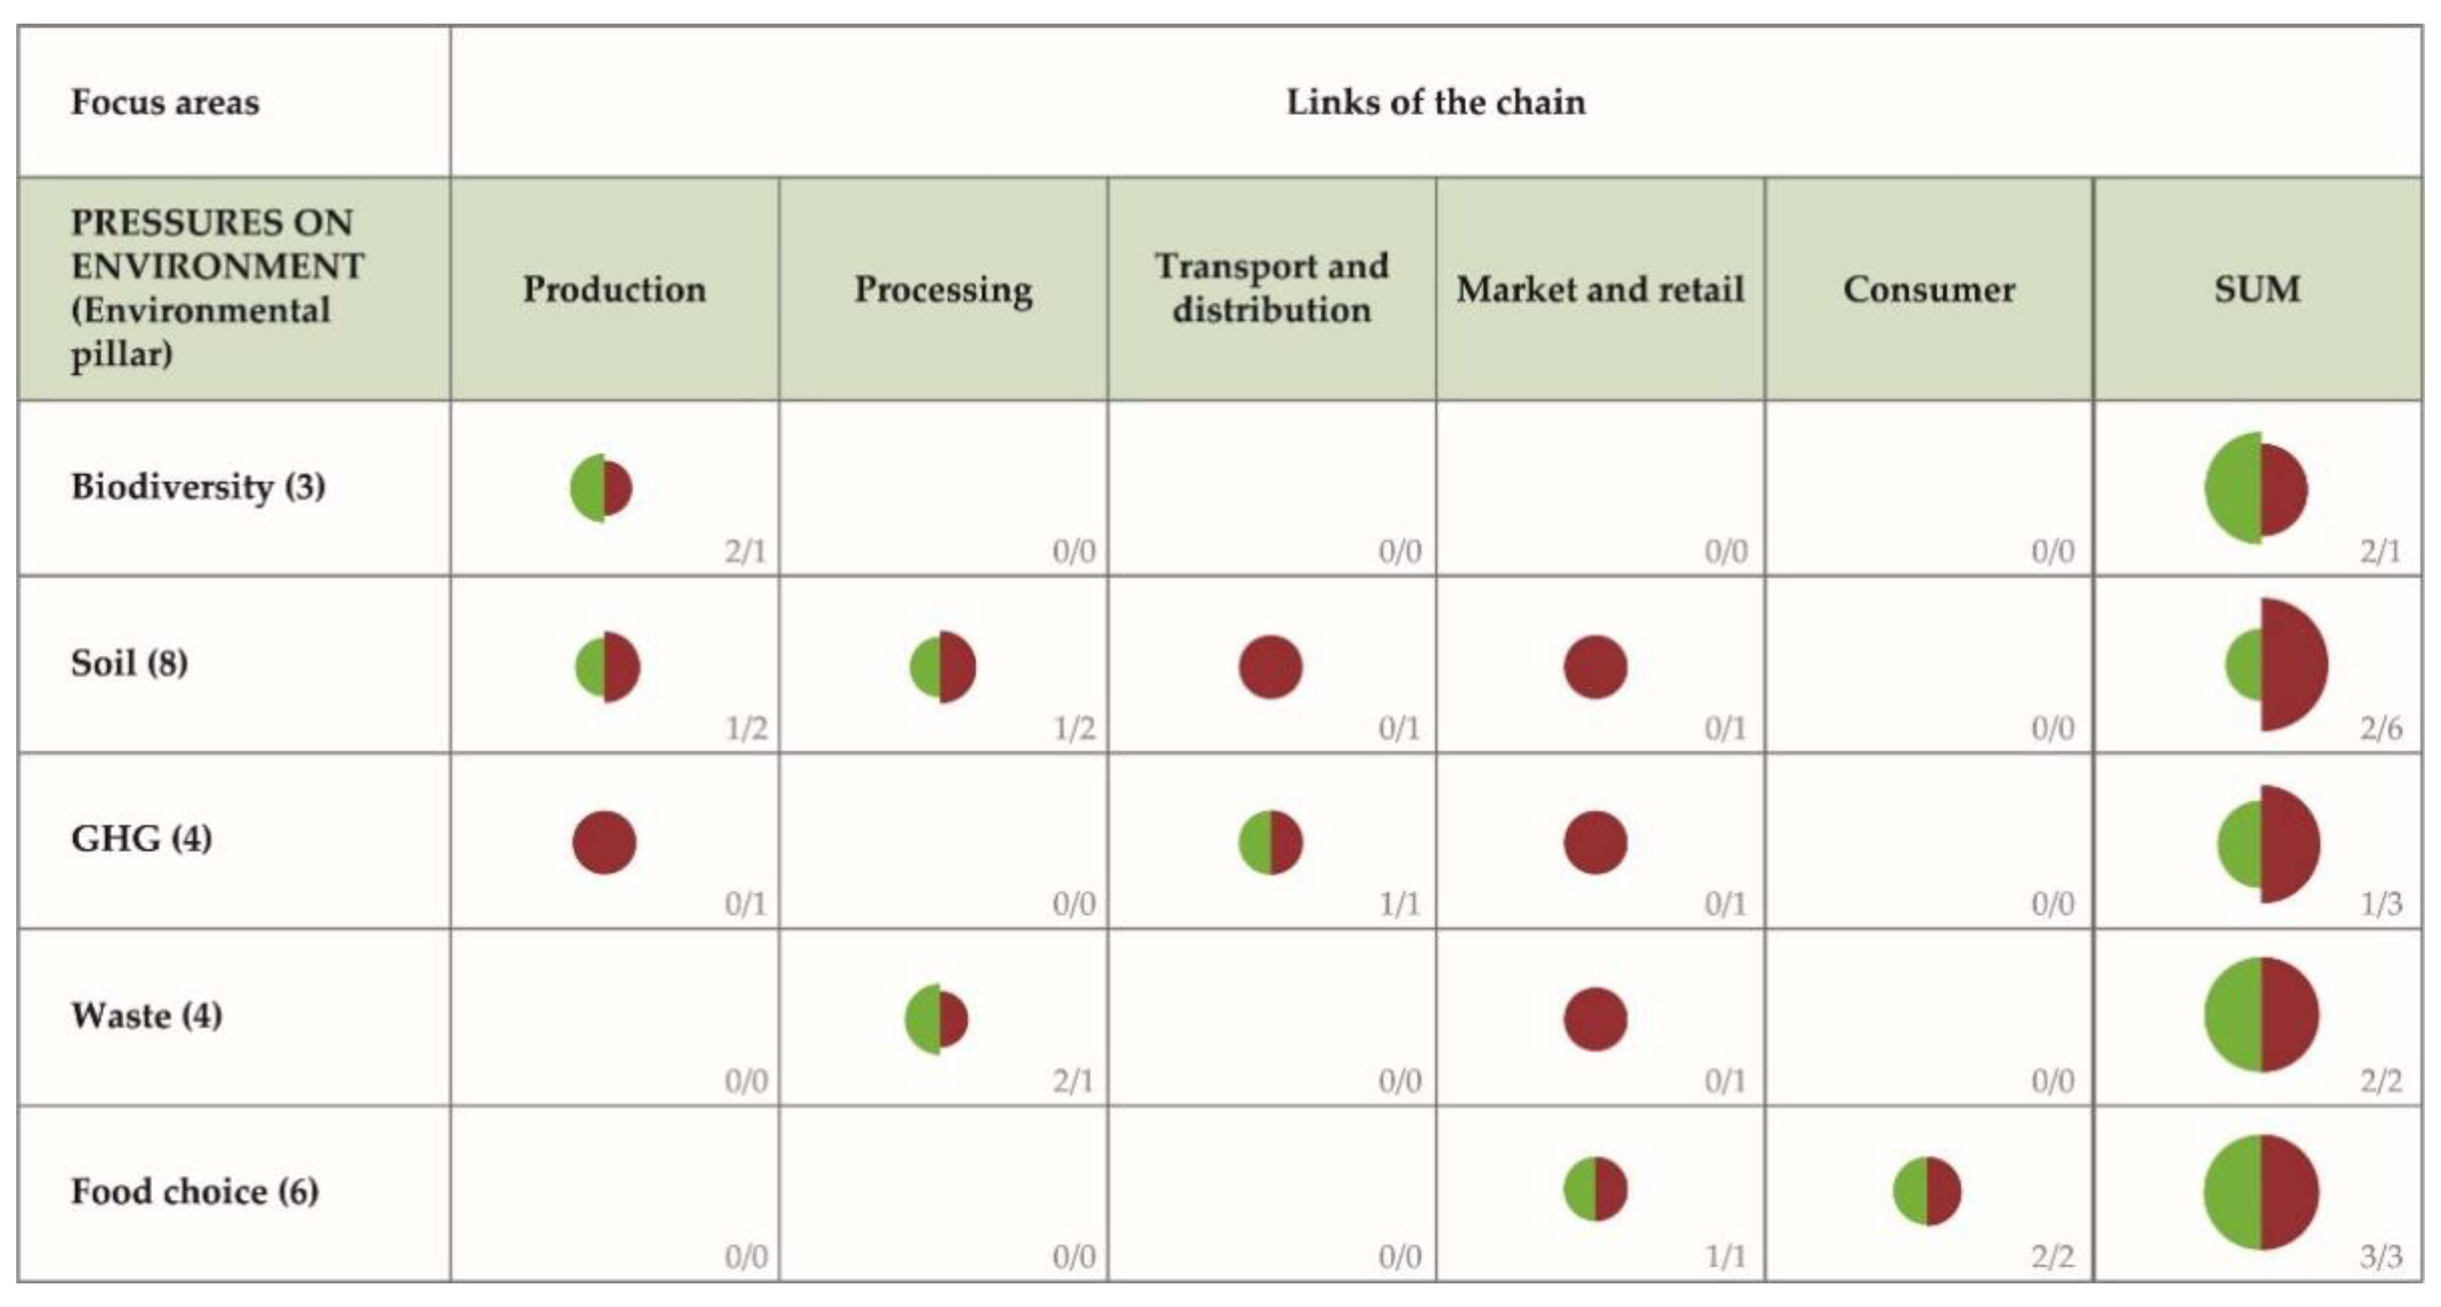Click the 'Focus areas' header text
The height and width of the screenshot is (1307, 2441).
[x=165, y=103]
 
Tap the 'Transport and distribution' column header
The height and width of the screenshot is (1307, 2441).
[x=1271, y=288]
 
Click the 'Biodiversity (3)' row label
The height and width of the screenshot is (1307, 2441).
[x=198, y=486]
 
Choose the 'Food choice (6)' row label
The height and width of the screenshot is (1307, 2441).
[x=194, y=1191]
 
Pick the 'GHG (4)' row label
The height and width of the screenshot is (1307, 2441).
[x=141, y=839]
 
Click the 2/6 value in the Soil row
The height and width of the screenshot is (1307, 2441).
[x=2381, y=728]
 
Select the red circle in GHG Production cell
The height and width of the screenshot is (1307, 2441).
[x=605, y=842]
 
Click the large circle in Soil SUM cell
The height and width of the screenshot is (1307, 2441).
[x=2274, y=665]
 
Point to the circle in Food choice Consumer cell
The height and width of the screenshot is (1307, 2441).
[x=1926, y=1190]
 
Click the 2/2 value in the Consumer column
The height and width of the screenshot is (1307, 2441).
[x=2052, y=1257]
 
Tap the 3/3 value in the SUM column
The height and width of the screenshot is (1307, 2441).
[x=2381, y=1257]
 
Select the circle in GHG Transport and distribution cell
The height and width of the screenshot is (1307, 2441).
[x=1270, y=842]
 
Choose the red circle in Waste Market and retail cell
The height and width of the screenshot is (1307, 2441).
[x=1595, y=1019]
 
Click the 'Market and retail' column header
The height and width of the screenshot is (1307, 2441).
[x=1600, y=289]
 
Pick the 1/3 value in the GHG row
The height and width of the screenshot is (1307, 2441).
[x=2381, y=904]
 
